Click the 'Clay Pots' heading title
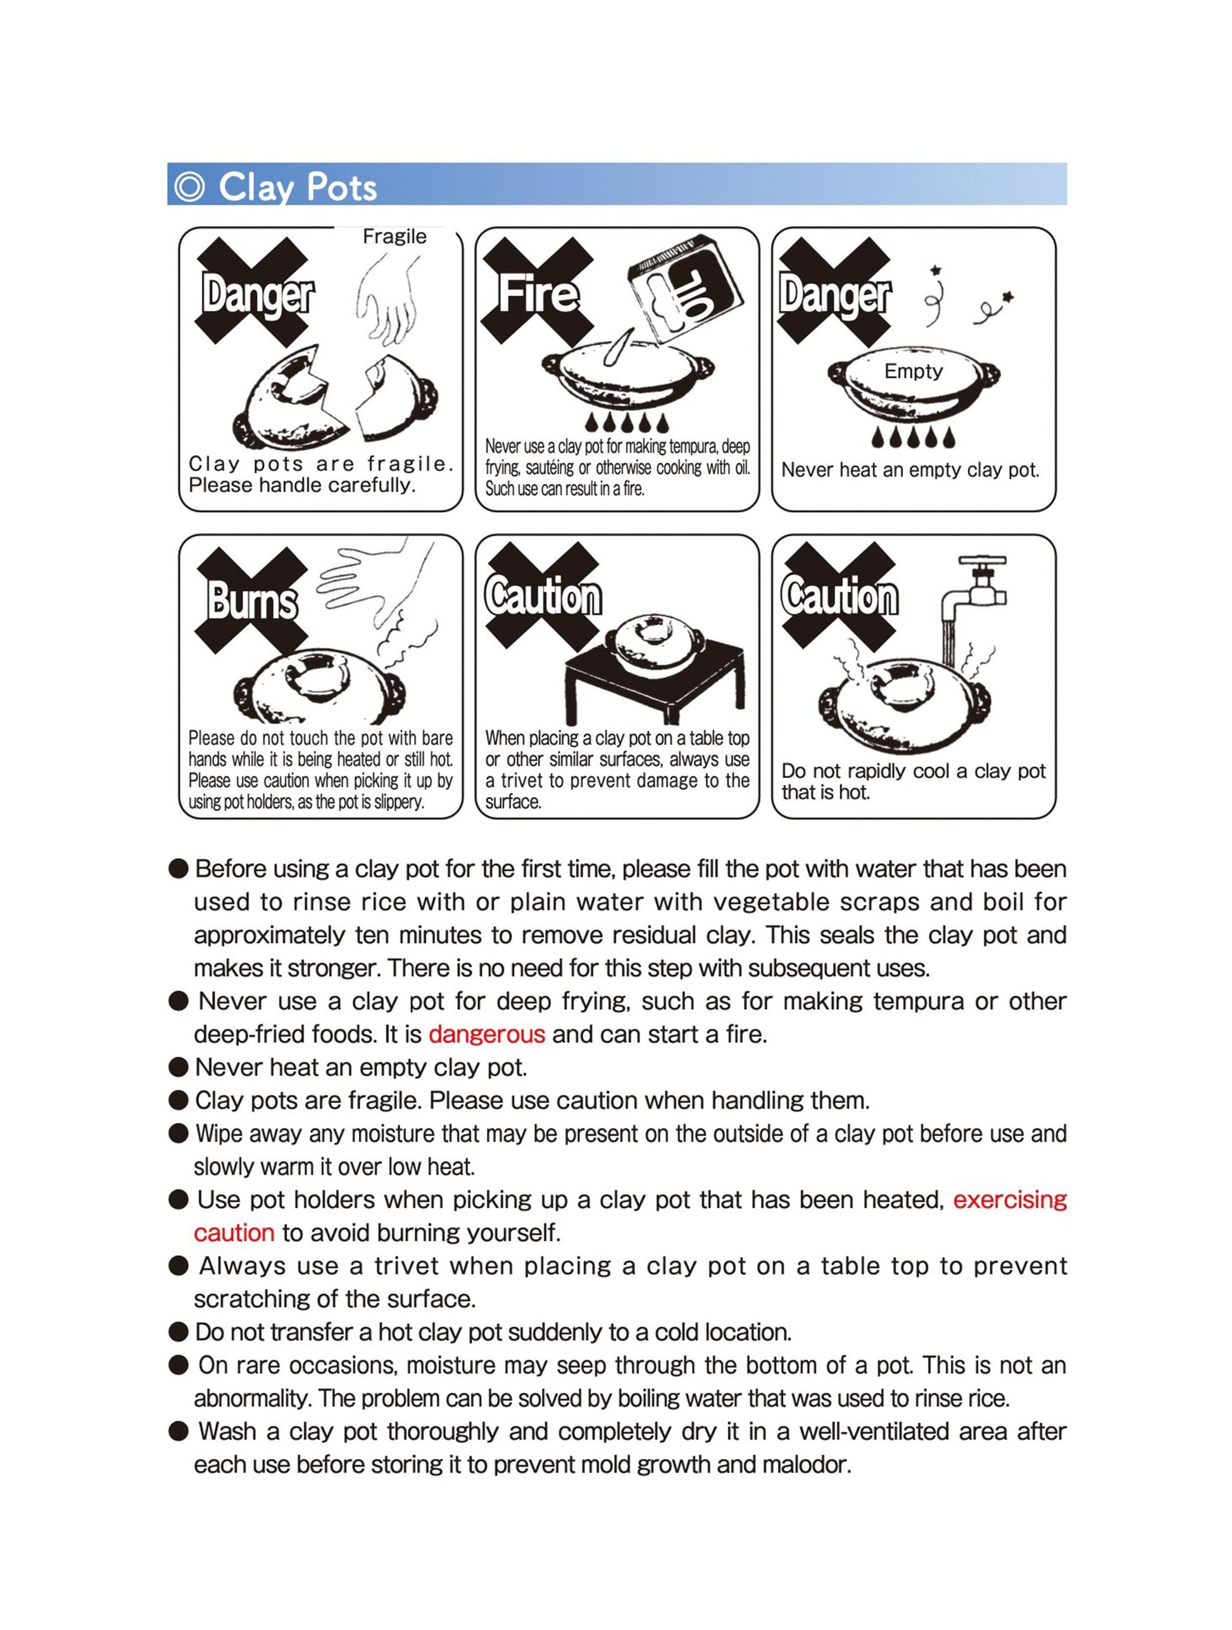click(297, 187)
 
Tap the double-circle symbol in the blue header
click(189, 187)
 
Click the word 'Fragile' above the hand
click(394, 237)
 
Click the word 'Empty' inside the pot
click(913, 372)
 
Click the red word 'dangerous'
click(486, 1034)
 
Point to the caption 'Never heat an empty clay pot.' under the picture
click(910, 470)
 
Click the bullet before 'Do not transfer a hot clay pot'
click(179, 1332)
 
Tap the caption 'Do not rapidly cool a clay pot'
click(913, 772)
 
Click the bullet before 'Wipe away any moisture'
click(179, 1133)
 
